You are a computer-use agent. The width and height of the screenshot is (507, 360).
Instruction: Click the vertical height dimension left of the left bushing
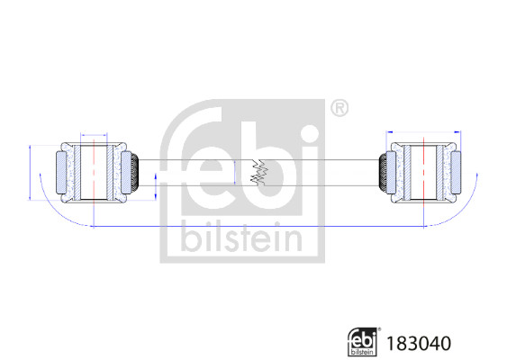click(32, 171)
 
